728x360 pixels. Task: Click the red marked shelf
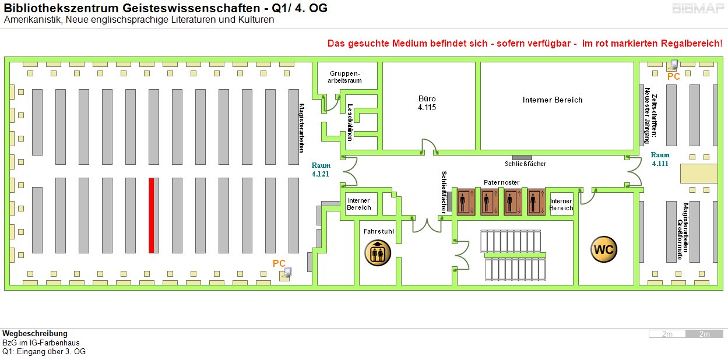[152, 215]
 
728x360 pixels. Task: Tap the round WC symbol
[604, 250]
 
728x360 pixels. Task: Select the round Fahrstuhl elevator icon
[378, 253]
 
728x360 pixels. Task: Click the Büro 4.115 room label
[427, 103]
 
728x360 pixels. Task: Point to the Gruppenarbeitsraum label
[346, 77]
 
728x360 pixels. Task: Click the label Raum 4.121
[320, 170]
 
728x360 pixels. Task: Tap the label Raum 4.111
[660, 159]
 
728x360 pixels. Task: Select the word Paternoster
[501, 182]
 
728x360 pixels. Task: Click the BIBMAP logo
[698, 9]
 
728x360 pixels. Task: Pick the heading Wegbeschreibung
[35, 334]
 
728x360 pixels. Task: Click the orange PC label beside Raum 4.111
[674, 76]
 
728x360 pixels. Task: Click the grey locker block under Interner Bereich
[522, 157]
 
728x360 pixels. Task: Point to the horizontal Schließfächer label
[525, 164]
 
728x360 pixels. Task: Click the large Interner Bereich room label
[552, 100]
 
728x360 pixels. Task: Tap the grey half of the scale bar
[704, 334]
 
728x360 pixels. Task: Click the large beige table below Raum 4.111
[699, 174]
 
